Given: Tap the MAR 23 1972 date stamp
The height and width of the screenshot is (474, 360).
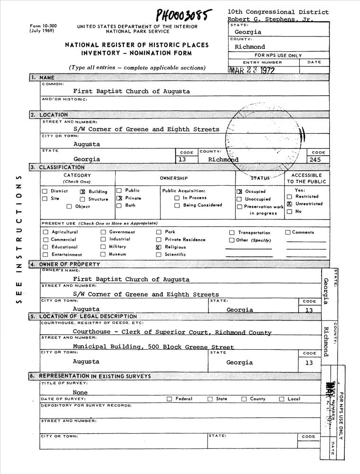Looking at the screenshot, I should tap(251, 71).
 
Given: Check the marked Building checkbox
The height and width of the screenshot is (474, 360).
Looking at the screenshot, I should tap(82, 191).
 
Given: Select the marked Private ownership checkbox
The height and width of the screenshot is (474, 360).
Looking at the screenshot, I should tap(119, 198).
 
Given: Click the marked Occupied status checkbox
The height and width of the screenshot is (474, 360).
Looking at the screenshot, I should tap(239, 191).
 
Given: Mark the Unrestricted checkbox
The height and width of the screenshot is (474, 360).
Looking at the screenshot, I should tap(289, 204).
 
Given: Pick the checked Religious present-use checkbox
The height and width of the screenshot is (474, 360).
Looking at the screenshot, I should tap(159, 247).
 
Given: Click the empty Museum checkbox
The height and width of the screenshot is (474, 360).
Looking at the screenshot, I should tap(103, 255).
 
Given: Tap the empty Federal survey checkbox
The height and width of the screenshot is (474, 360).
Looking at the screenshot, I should tap(169, 399).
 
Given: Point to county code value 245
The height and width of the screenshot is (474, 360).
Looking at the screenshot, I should tap(315, 160).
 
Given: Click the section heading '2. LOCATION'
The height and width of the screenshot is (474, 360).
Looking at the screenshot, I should tap(49, 115).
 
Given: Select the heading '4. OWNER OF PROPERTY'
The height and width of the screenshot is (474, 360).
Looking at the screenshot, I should tap(65, 264).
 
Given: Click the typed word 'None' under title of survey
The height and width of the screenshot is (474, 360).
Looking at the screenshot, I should tap(80, 392).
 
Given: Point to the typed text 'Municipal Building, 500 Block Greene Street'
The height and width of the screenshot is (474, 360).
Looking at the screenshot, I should tap(153, 347).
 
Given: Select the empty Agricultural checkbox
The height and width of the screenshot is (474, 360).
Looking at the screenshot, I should tap(45, 232).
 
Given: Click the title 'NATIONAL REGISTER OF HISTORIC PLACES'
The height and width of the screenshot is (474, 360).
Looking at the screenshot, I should tap(137, 45).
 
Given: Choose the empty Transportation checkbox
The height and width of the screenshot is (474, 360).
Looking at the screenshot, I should tap(232, 233).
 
